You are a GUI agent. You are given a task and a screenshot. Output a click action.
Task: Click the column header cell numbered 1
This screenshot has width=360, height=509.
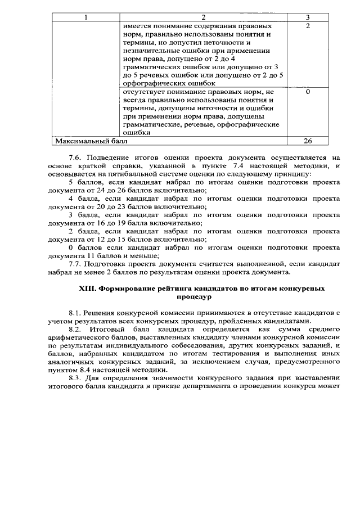pos(86,17)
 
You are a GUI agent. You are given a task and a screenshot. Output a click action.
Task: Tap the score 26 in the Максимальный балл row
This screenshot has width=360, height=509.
pos(308,141)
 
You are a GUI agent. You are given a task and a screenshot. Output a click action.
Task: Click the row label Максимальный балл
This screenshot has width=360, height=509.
pos(83,141)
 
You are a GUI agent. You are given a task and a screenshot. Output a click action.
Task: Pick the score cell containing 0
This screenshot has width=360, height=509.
pos(308,92)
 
